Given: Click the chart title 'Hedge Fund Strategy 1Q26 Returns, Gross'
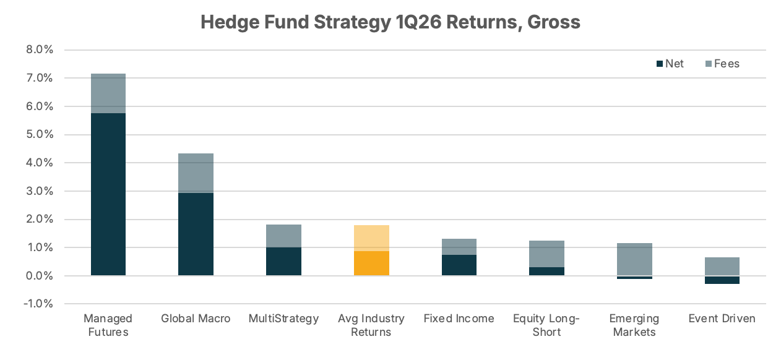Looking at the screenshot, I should tap(390, 23).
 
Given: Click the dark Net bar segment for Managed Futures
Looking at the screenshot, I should tap(108, 194).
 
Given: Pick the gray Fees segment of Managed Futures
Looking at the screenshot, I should tap(108, 93).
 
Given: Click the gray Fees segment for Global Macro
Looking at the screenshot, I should tap(196, 173).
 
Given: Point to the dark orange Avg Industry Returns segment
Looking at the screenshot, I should tap(371, 263).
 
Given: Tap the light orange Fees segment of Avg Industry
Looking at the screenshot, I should tap(371, 238).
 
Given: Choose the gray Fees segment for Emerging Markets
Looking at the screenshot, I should tap(634, 259).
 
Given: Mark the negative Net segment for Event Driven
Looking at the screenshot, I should tap(722, 280).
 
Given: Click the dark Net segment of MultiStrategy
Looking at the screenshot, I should tap(283, 261).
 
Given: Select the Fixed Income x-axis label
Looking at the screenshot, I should tap(459, 319).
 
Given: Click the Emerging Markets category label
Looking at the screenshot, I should tap(634, 325).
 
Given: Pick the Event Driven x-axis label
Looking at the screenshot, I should tap(722, 319).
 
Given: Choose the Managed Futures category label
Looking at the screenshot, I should tap(108, 325).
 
